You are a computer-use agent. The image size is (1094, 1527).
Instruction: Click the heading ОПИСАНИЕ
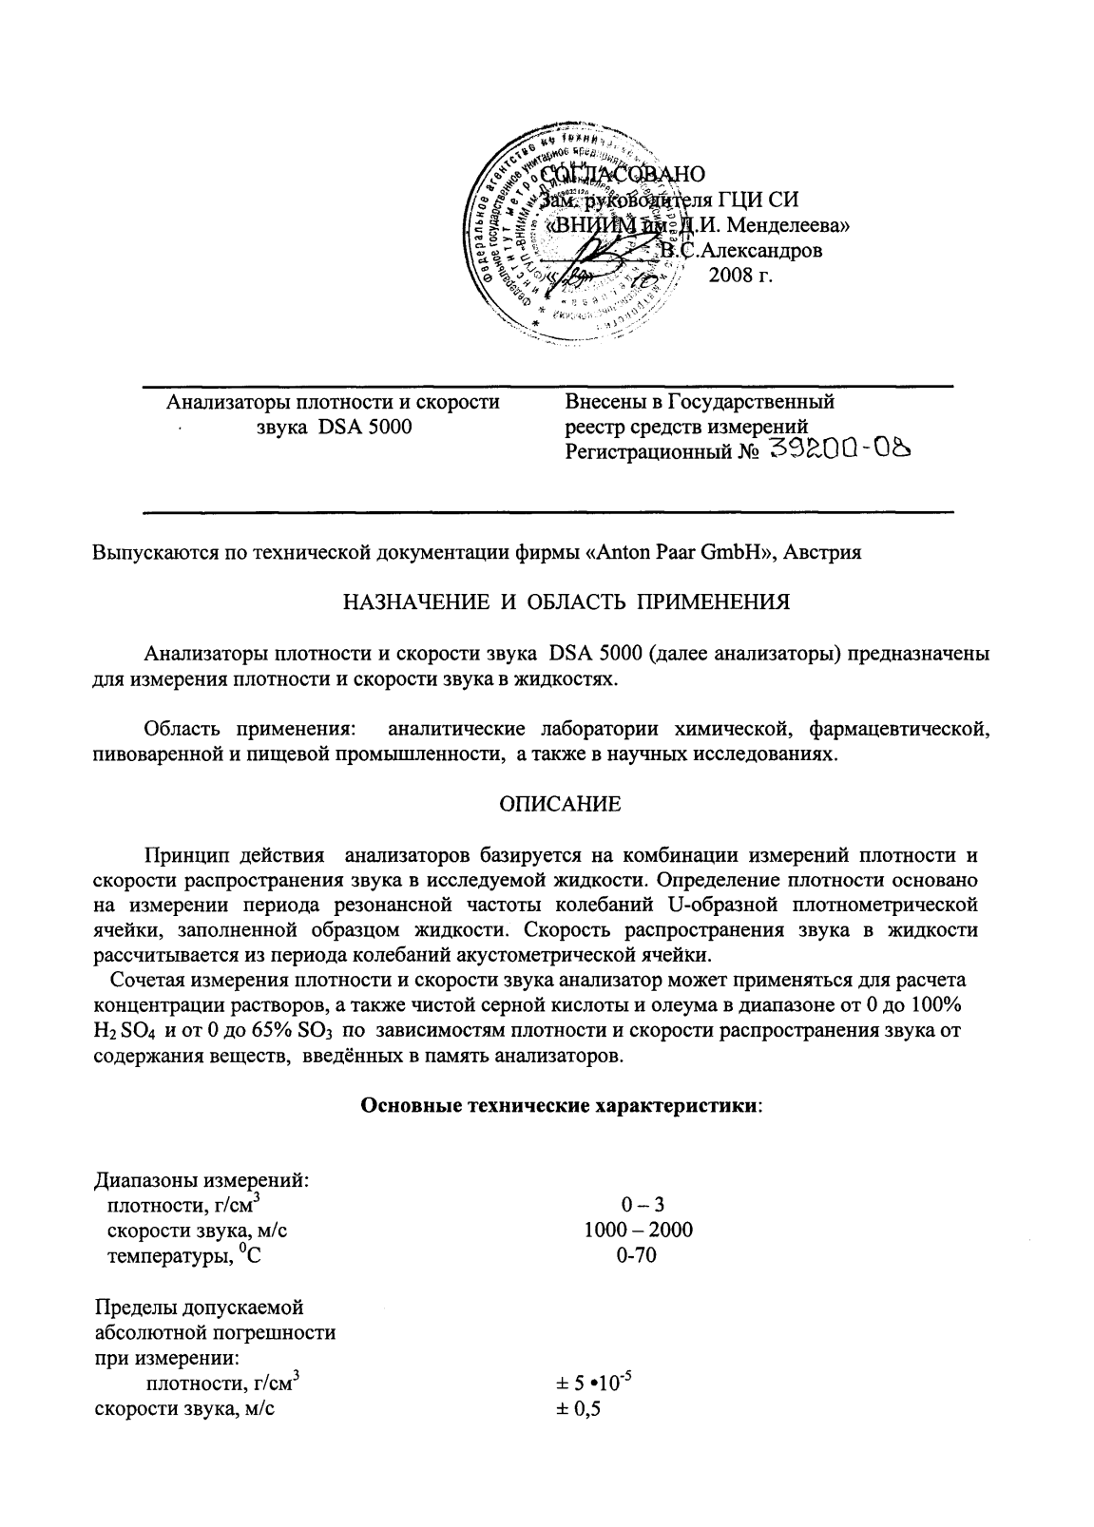pyautogui.click(x=561, y=805)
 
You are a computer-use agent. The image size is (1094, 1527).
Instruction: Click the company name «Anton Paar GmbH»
pyautogui.click(x=680, y=554)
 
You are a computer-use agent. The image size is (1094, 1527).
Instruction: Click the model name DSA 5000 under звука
pyautogui.click(x=365, y=427)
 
